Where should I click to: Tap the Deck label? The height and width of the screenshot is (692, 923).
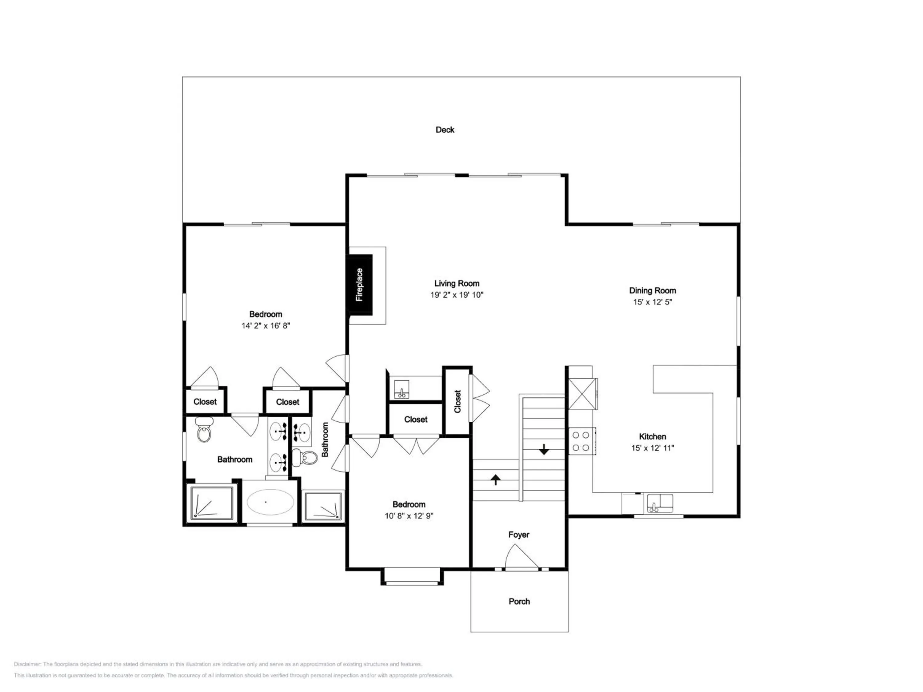[445, 130]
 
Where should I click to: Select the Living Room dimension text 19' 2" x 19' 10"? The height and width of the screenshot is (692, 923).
[457, 295]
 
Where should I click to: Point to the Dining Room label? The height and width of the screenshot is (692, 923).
[653, 291]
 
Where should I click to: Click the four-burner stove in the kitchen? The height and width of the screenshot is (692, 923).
[581, 441]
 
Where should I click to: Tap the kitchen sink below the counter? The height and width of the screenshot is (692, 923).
[660, 503]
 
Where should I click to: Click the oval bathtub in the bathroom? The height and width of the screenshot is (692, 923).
[270, 502]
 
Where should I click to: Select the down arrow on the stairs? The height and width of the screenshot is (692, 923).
[544, 449]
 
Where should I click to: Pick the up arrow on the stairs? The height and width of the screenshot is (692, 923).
[495, 480]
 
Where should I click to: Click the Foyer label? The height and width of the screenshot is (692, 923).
[519, 535]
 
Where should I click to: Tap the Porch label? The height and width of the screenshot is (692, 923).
[519, 602]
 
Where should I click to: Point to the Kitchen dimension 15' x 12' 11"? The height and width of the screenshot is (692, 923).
[653, 448]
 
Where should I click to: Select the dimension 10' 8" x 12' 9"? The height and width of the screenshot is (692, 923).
[409, 516]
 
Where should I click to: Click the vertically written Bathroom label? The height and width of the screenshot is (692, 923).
[325, 439]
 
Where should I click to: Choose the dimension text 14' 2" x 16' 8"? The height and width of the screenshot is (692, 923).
[266, 326]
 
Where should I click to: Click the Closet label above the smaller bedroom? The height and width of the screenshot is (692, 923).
[416, 420]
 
